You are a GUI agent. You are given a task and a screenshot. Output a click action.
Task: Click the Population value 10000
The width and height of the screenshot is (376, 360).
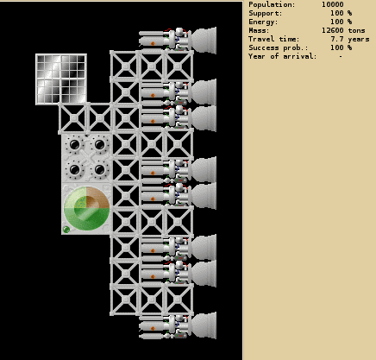pyautogui.click(x=333, y=4)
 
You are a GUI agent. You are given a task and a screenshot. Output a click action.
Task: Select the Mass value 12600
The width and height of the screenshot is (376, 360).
pyautogui.click(x=333, y=30)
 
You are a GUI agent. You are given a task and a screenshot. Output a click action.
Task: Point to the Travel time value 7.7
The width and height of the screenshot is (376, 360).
pyautogui.click(x=337, y=39)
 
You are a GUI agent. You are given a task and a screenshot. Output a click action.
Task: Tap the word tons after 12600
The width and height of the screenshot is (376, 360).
pyautogui.click(x=357, y=30)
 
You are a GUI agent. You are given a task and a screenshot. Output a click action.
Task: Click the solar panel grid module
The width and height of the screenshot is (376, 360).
pyautogui.click(x=61, y=79)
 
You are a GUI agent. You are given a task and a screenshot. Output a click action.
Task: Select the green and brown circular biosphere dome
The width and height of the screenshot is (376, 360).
pyautogui.click(x=86, y=208)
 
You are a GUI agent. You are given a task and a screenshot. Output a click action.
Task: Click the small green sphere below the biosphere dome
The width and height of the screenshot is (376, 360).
pyautogui.click(x=66, y=230)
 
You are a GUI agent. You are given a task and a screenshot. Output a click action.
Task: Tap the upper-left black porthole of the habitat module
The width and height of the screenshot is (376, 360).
pyautogui.click(x=74, y=144)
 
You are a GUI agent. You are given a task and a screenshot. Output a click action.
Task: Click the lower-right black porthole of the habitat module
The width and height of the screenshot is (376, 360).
pyautogui.click(x=99, y=169)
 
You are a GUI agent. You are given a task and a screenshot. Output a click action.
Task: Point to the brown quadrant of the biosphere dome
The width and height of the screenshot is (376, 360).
pyautogui.click(x=97, y=198)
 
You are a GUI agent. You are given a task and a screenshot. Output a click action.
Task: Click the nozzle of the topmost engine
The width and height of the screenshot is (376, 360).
pyautogui.click(x=204, y=41)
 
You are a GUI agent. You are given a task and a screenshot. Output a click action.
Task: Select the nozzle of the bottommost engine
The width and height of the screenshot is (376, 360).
pyautogui.click(x=204, y=325)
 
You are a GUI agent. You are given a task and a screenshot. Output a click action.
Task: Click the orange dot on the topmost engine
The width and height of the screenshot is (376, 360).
pyautogui.click(x=153, y=43)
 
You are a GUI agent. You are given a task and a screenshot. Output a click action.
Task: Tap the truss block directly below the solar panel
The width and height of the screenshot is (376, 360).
pyautogui.click(x=73, y=118)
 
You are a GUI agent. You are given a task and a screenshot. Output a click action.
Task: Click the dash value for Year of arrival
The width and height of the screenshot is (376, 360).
pyautogui.click(x=341, y=56)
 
